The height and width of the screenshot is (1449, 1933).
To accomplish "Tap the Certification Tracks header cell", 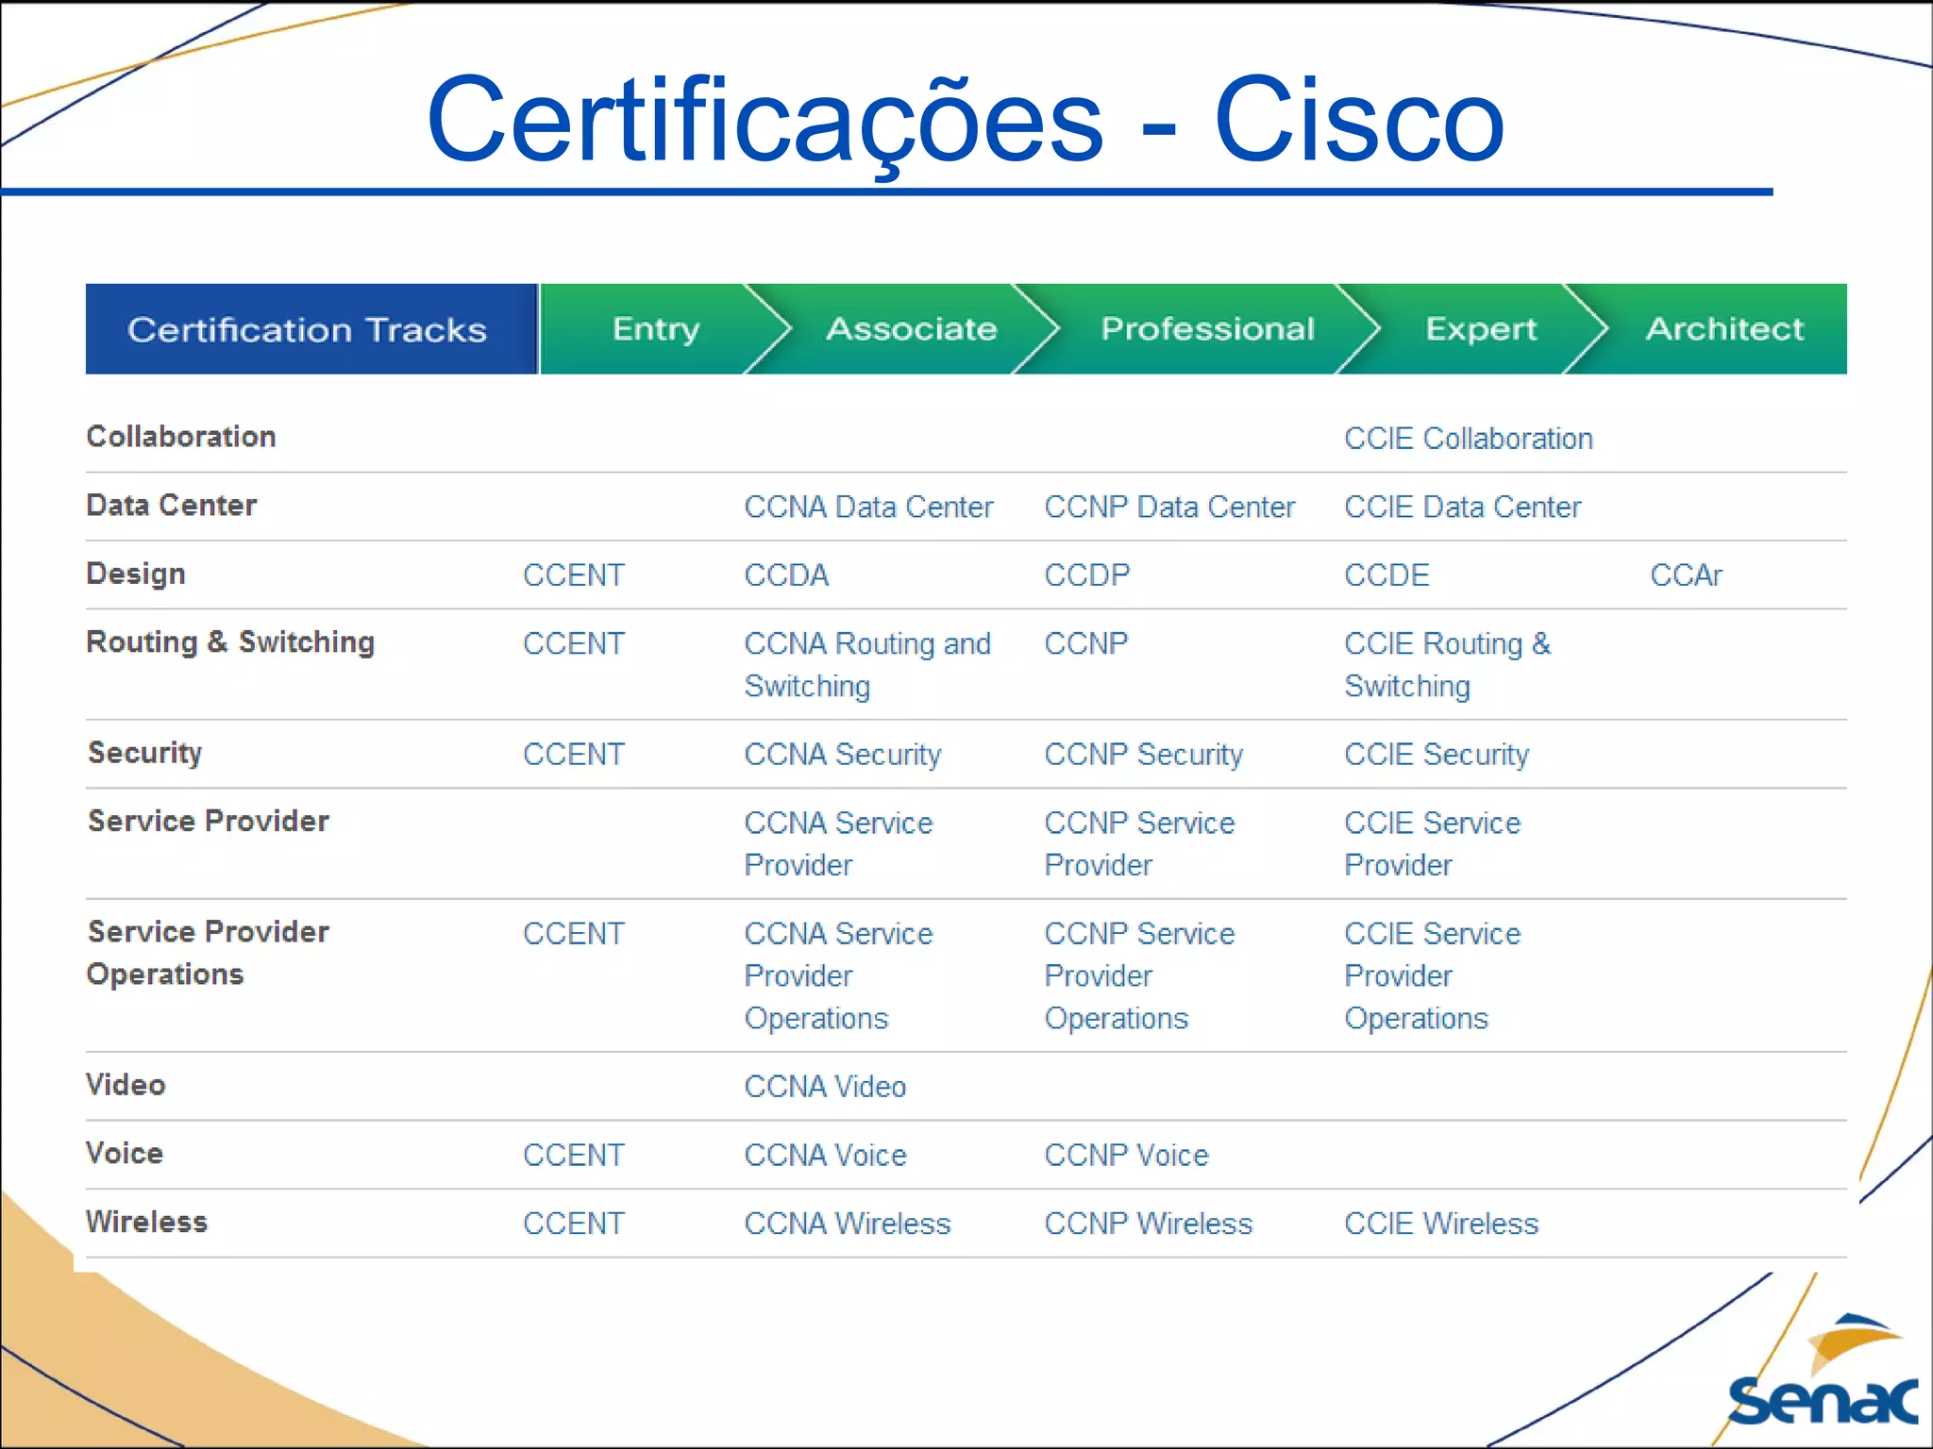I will pyautogui.click(x=308, y=329).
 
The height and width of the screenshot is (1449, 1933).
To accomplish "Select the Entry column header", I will pyautogui.click(x=656, y=328).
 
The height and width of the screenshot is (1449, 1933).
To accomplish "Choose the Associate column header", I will pyautogui.click(x=911, y=328).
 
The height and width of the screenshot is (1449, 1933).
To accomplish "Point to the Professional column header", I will pyautogui.click(x=1207, y=328).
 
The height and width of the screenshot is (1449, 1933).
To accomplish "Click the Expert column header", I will pyautogui.click(x=1480, y=328).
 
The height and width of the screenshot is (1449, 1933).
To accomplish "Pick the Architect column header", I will pyautogui.click(x=1723, y=328).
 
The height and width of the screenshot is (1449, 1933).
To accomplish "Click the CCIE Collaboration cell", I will pyautogui.click(x=1468, y=439).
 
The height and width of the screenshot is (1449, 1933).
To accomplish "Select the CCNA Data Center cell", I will pyautogui.click(x=868, y=508).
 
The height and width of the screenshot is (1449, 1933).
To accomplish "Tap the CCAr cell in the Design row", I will pyautogui.click(x=1686, y=575).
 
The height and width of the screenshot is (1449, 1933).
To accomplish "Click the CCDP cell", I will pyautogui.click(x=1086, y=575).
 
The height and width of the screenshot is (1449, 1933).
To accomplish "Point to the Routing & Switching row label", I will pyautogui.click(x=230, y=642).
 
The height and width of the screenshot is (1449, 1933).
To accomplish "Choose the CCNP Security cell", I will pyautogui.click(x=1143, y=755).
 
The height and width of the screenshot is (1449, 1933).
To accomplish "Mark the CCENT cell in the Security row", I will pyautogui.click(x=574, y=755).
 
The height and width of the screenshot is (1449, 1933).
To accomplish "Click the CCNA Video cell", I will pyautogui.click(x=825, y=1087).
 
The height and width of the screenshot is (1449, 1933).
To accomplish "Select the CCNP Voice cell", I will pyautogui.click(x=1126, y=1156).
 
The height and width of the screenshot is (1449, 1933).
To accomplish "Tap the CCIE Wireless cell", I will pyautogui.click(x=1441, y=1224).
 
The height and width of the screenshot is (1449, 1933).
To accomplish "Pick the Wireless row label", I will pyautogui.click(x=146, y=1223).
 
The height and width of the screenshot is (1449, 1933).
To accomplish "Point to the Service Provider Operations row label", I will pyautogui.click(x=208, y=953).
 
